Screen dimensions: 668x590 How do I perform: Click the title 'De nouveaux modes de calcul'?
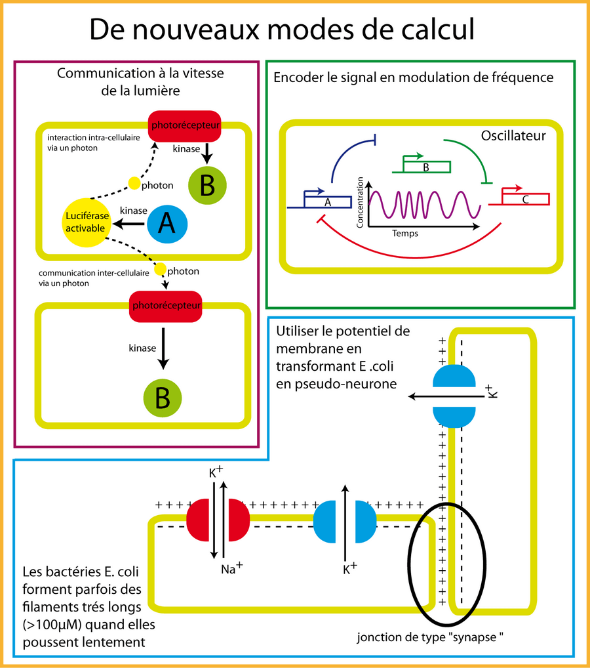tap(281, 29)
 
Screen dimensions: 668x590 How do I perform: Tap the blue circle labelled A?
tap(167, 225)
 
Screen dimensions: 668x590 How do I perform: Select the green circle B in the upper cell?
tap(206, 186)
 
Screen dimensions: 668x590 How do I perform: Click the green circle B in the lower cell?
tap(163, 398)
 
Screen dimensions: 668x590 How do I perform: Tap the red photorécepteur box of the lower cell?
tap(165, 306)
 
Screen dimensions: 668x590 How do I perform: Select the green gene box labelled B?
tap(425, 167)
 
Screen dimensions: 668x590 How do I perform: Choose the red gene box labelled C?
tap(525, 198)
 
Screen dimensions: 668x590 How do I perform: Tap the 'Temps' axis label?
tap(405, 233)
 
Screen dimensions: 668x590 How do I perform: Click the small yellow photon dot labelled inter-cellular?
tap(159, 269)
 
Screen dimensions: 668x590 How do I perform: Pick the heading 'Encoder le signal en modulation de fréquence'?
tap(413, 78)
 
